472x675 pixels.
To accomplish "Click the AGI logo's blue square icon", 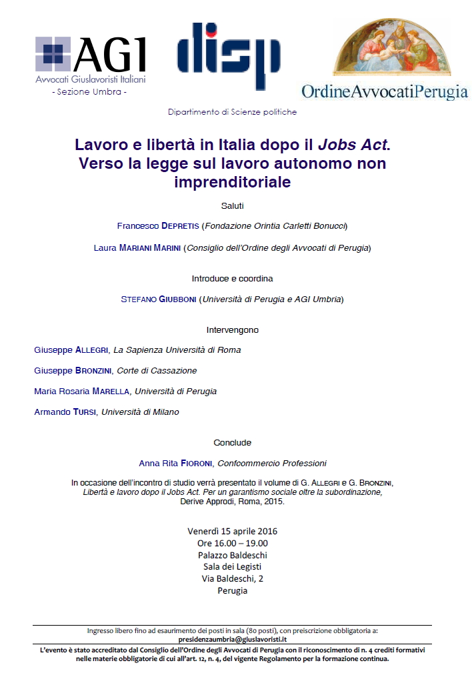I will click(x=53, y=54).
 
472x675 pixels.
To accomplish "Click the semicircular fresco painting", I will click(x=392, y=48).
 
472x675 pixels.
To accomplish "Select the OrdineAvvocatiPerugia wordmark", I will click(x=385, y=92).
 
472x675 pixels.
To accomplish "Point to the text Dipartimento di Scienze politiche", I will click(x=232, y=112).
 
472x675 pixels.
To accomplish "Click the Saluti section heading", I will click(x=232, y=205).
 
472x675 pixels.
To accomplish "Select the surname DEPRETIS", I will click(x=180, y=226).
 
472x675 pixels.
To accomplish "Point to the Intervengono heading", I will click(x=232, y=329).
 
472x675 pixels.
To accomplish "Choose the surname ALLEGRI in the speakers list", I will click(x=93, y=350).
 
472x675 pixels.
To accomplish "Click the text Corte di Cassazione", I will click(x=157, y=371).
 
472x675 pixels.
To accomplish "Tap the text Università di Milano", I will click(x=140, y=412).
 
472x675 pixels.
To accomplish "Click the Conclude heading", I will click(x=232, y=442).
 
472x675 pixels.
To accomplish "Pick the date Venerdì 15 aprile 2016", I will click(x=232, y=532).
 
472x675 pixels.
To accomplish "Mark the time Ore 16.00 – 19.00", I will click(x=232, y=544).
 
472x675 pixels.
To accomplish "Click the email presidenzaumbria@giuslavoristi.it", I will click(x=232, y=639).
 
